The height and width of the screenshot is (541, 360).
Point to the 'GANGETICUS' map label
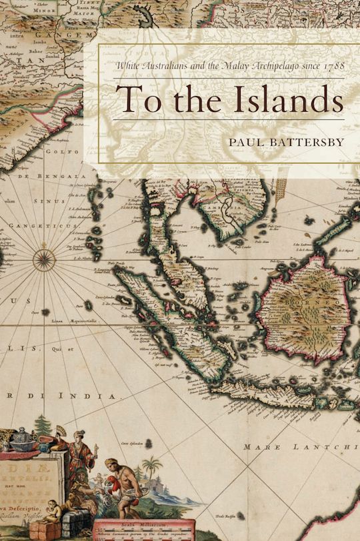pos(30,226)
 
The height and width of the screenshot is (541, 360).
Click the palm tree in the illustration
pos(151,467)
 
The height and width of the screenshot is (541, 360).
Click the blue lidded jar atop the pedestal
pos(25,439)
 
